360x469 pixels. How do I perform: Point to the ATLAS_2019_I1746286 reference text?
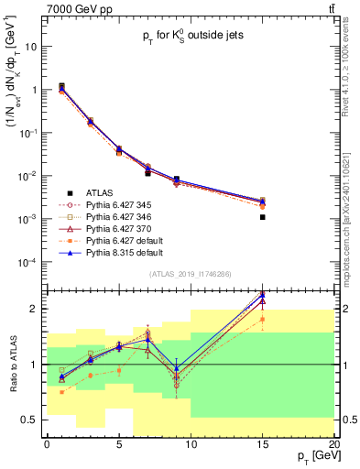191,274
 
